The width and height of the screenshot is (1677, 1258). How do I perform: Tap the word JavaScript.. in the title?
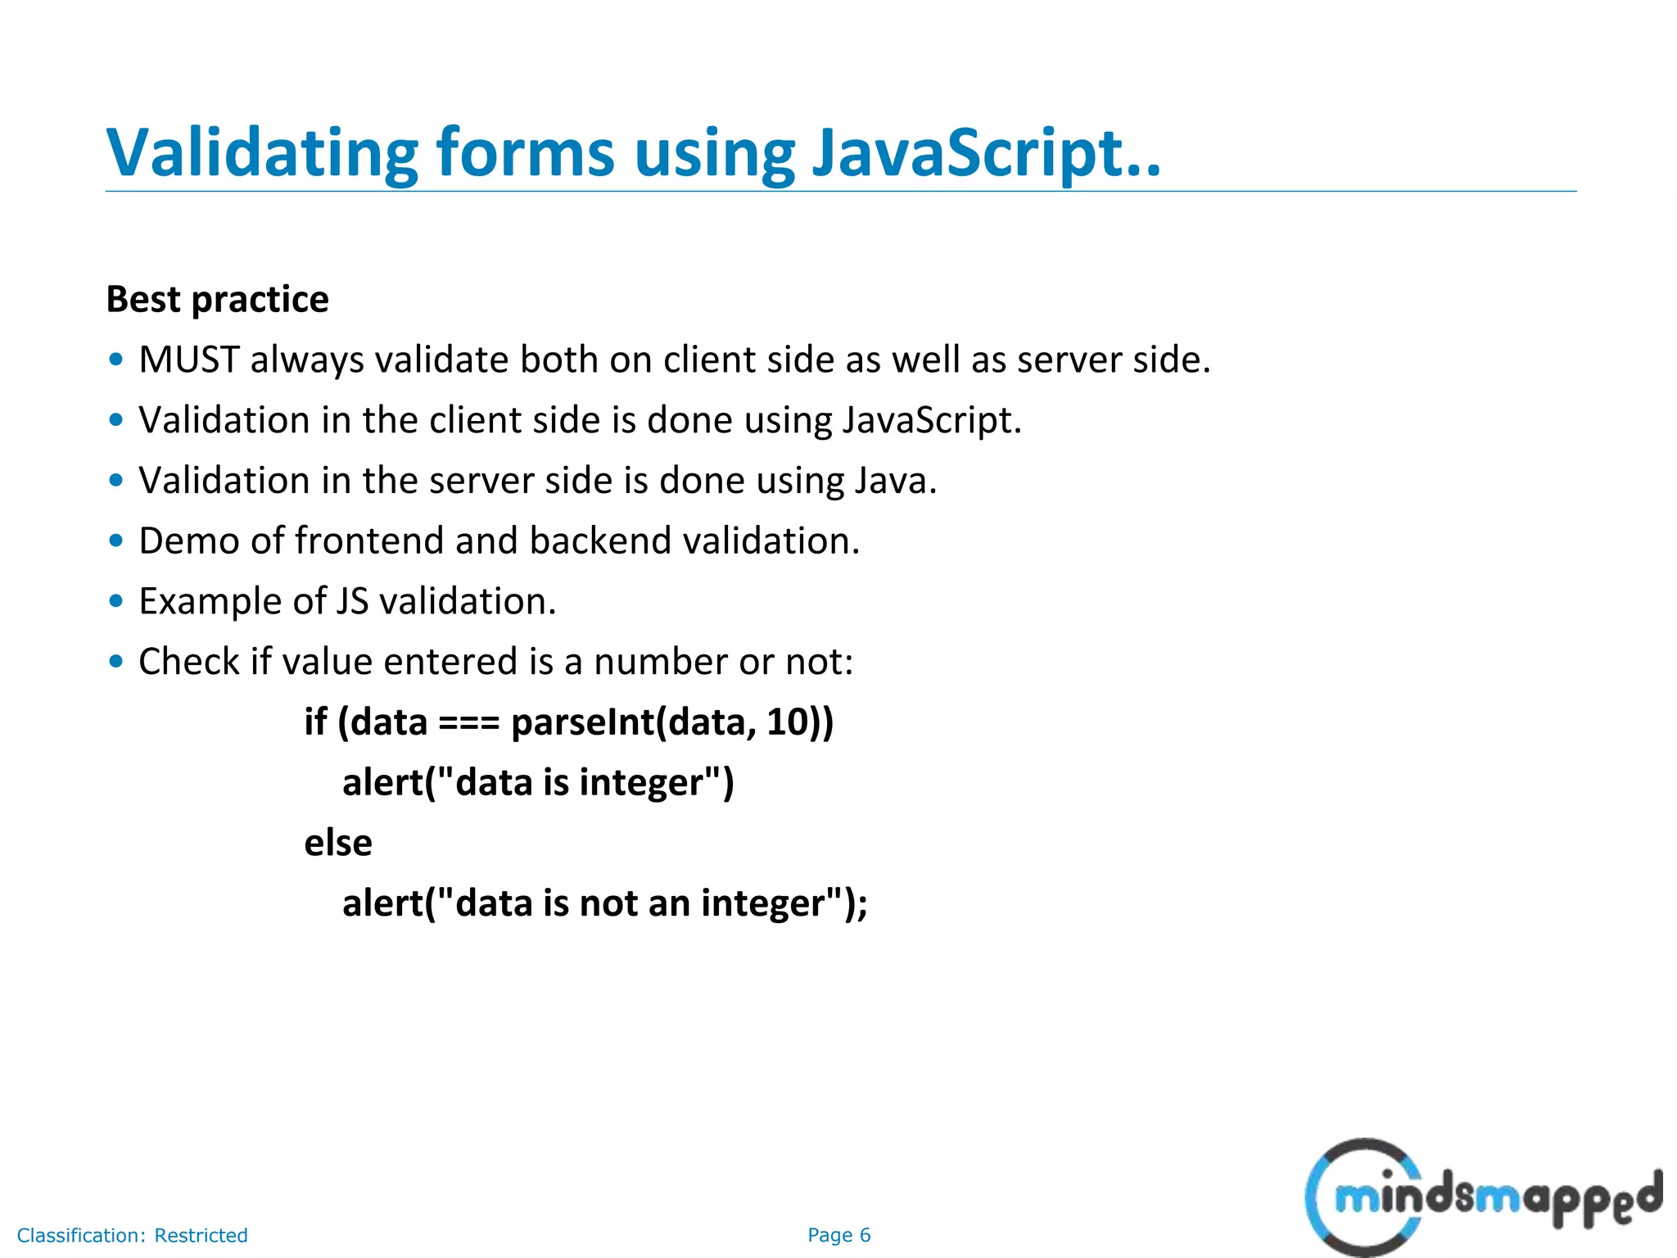pos(986,153)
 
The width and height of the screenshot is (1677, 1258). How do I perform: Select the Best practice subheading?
pos(217,299)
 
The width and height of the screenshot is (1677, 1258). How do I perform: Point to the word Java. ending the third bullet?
pos(895,480)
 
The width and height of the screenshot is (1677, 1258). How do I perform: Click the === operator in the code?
pos(468,723)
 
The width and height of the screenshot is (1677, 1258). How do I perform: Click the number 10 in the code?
pos(787,722)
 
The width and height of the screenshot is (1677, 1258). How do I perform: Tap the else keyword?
pos(337,843)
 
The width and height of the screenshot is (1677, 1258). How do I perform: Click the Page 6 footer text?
pos(838,1235)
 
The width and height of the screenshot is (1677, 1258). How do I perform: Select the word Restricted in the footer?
pos(201,1235)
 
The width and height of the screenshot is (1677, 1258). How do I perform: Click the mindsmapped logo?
pos(1482,1196)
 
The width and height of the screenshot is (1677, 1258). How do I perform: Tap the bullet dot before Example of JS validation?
pos(116,601)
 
